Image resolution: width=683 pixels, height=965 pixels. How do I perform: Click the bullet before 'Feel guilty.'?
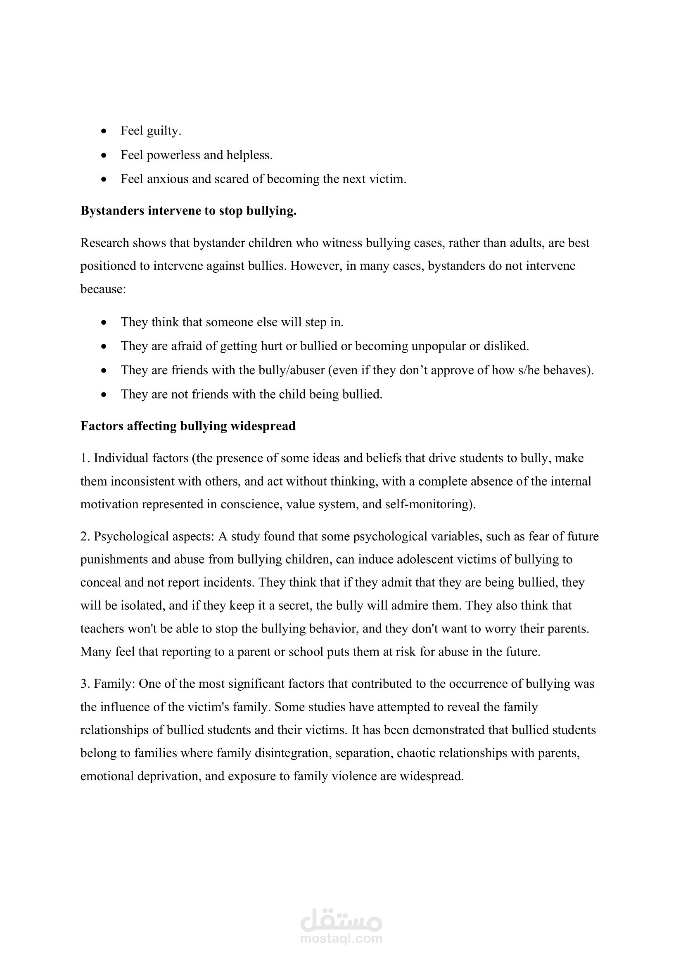coord(104,131)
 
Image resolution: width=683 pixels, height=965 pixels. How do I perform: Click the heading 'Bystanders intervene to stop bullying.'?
coord(188,210)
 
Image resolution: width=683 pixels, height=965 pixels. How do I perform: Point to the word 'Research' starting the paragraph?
coord(105,243)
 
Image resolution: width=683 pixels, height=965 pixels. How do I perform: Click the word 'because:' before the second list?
coord(103,289)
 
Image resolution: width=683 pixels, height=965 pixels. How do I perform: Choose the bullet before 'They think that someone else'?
coord(104,322)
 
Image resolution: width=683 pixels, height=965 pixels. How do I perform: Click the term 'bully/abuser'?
coord(290,370)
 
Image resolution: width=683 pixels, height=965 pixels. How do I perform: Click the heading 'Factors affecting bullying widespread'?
coord(187,426)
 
